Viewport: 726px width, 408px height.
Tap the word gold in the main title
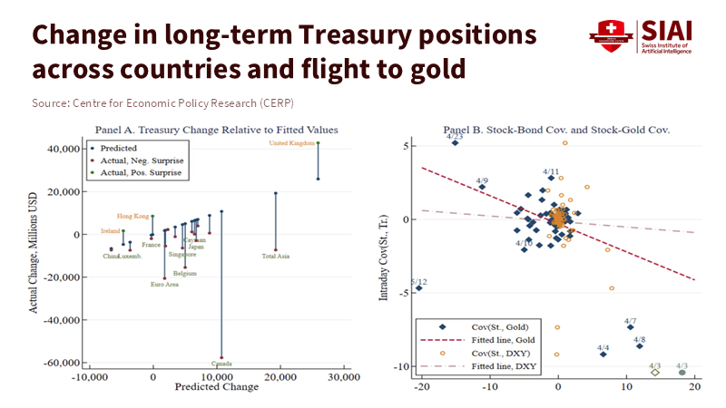(x=443, y=69)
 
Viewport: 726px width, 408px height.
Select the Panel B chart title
(x=556, y=130)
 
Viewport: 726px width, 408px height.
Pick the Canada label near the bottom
(x=221, y=364)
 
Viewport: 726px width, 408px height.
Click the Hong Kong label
(x=132, y=216)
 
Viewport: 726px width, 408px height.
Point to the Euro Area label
(x=164, y=285)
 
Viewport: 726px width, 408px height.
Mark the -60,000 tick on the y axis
(x=61, y=363)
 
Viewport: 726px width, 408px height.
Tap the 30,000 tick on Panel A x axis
(x=344, y=376)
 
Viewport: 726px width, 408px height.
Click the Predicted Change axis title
(x=216, y=387)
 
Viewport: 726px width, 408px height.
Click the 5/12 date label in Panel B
(x=418, y=282)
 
